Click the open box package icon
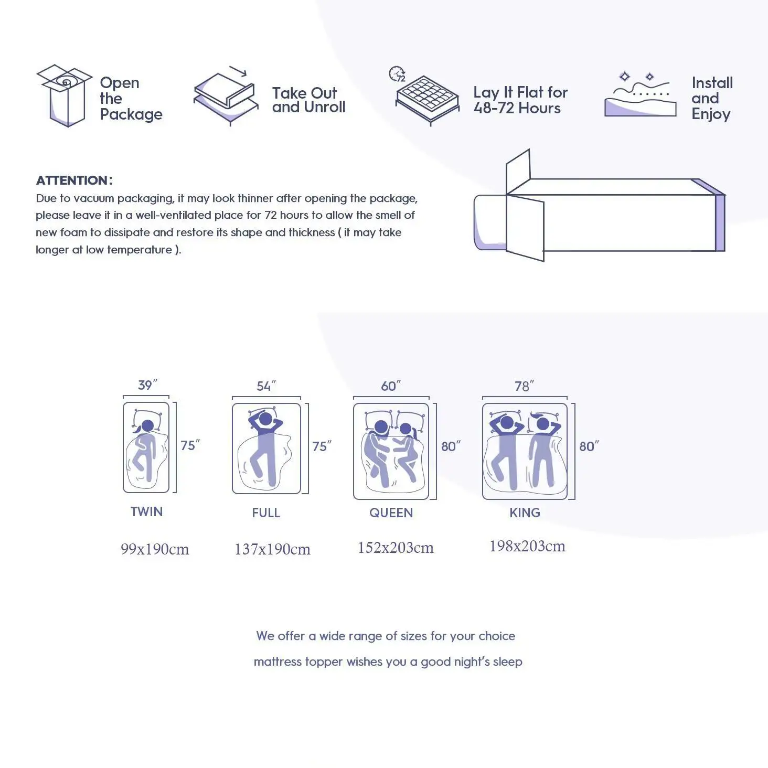click(64, 95)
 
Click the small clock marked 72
click(397, 74)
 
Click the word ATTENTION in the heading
click(72, 180)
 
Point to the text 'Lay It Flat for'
click(520, 92)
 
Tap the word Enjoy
click(711, 114)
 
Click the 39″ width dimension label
click(147, 385)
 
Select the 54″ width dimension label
click(266, 387)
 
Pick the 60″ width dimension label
click(391, 387)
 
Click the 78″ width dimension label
click(524, 387)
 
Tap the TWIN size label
click(146, 511)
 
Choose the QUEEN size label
click(391, 513)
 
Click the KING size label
click(525, 513)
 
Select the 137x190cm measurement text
click(272, 549)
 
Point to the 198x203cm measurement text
click(527, 546)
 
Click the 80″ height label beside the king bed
click(589, 446)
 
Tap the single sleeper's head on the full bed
click(266, 419)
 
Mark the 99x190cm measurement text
click(155, 549)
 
